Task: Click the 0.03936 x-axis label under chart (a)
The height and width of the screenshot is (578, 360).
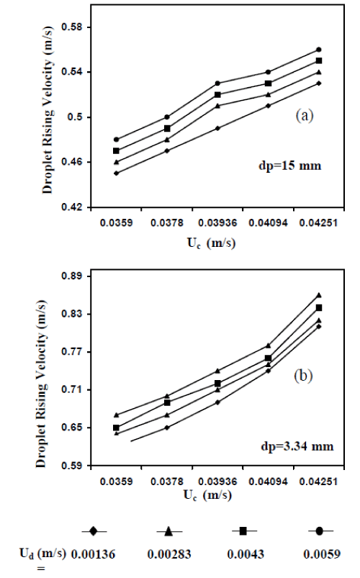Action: (x=217, y=223)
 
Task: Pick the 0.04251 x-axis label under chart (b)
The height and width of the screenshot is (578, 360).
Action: (x=318, y=482)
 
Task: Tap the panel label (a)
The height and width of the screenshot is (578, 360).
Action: (x=305, y=116)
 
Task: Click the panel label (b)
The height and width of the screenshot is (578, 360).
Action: (x=303, y=376)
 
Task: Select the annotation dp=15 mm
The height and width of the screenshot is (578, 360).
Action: (x=290, y=166)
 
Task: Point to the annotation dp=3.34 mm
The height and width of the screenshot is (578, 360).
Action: (x=297, y=446)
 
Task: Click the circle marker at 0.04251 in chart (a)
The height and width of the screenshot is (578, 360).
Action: (x=319, y=50)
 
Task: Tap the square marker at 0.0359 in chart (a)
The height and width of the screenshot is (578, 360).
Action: (x=116, y=150)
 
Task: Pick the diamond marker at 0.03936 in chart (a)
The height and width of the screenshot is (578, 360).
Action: (x=217, y=128)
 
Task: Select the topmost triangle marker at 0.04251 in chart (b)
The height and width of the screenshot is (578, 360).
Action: (x=319, y=295)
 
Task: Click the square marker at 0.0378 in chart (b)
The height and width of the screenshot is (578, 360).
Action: (x=167, y=402)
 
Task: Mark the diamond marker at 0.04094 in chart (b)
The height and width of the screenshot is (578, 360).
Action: (x=268, y=371)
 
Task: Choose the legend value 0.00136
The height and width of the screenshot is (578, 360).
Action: (x=93, y=554)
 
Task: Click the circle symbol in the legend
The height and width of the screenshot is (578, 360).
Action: (x=320, y=530)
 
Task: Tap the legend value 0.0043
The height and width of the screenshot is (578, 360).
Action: (x=246, y=554)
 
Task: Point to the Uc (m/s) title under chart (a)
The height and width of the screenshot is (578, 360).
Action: (x=211, y=244)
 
